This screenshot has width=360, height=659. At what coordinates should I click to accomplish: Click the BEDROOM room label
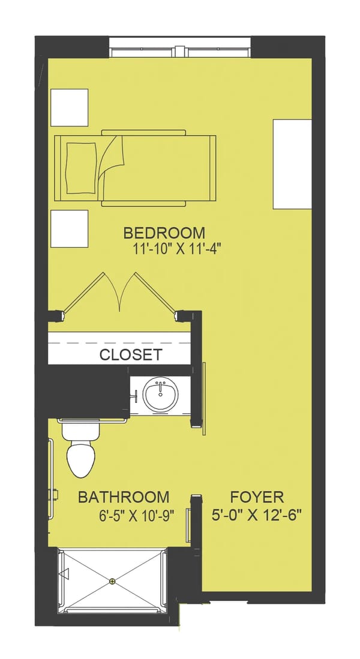pyautogui.click(x=164, y=233)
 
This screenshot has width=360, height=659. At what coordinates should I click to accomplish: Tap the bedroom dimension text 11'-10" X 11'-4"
pyautogui.click(x=177, y=249)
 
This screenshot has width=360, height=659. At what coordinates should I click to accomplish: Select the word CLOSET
pyautogui.click(x=130, y=355)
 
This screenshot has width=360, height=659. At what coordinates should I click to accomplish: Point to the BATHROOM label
pyautogui.click(x=124, y=497)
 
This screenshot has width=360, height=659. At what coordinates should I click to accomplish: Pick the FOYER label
pyautogui.click(x=257, y=497)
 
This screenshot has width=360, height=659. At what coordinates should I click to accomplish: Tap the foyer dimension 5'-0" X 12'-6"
pyautogui.click(x=257, y=514)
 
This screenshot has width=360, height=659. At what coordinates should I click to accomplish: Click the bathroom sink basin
pyautogui.click(x=160, y=395)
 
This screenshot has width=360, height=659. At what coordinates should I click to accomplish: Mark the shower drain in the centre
pyautogui.click(x=112, y=581)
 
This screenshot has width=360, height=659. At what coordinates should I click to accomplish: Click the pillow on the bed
pyautogui.click(x=83, y=168)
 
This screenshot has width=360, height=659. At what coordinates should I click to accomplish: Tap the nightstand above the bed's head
pyautogui.click(x=70, y=107)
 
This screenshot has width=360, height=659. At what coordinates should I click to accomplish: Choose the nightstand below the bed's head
pyautogui.click(x=70, y=228)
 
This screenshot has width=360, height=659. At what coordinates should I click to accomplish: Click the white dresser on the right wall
pyautogui.click(x=292, y=164)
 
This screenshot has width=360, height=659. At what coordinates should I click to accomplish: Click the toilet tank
pyautogui.click(x=81, y=430)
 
